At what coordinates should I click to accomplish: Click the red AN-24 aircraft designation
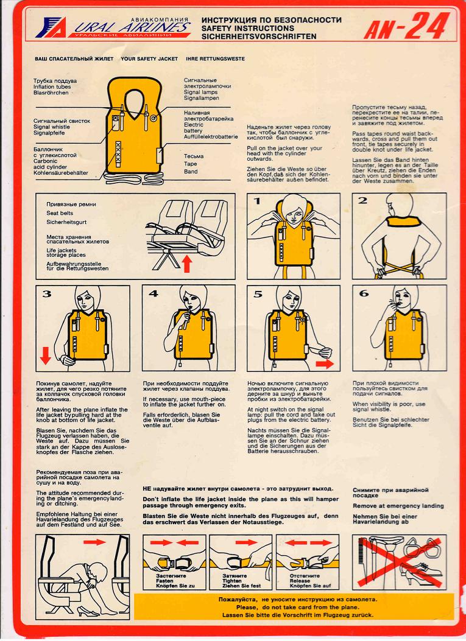407,26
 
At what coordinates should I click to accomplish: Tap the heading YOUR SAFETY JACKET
149,59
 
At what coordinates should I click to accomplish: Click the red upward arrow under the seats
186,263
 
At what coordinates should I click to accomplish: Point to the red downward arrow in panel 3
46,356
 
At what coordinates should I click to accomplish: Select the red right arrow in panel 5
325,363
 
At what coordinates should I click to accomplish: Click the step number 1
257,201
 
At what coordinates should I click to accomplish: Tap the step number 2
362,201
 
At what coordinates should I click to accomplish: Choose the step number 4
153,293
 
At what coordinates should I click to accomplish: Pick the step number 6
363,293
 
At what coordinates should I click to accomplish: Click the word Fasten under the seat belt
164,581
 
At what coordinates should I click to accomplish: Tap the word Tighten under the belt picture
232,581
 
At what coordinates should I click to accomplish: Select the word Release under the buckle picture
300,581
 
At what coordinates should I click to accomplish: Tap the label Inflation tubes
52,86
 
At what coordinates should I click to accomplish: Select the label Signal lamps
200,93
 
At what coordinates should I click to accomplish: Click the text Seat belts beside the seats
60,213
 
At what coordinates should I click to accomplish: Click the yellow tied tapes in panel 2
400,270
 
